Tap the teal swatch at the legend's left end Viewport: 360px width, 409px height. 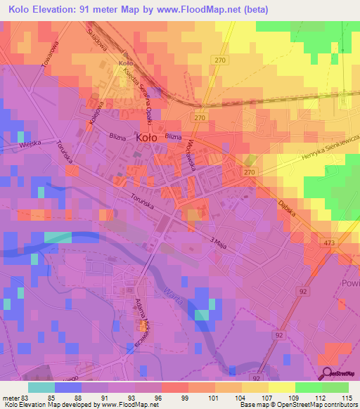coord(41,387)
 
